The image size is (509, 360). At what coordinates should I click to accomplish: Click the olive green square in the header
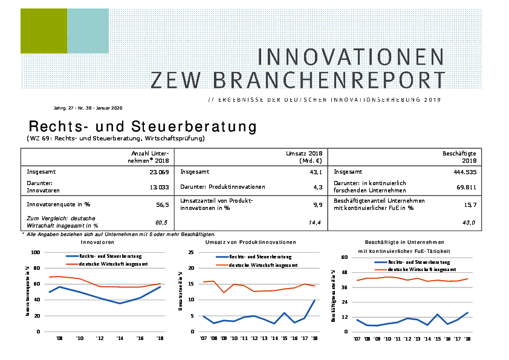(x=44, y=31)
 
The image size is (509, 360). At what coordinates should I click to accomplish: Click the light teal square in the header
(x=88, y=31)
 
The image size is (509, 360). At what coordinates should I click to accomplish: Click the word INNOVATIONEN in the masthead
(x=351, y=57)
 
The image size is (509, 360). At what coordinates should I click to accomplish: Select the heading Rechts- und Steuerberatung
(x=143, y=127)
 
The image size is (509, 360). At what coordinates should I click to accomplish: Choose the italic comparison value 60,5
(x=161, y=223)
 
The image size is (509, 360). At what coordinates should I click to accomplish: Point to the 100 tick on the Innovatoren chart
(x=34, y=252)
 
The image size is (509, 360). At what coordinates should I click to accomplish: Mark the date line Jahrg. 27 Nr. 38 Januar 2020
(x=88, y=108)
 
